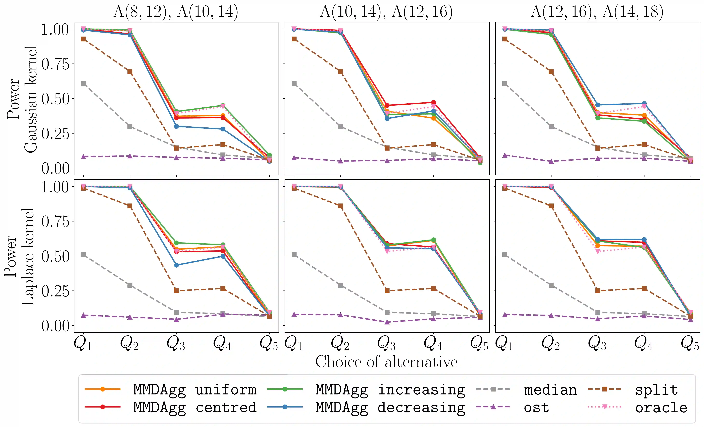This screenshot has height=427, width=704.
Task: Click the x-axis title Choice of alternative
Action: click(386, 362)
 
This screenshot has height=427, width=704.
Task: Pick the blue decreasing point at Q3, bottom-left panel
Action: click(176, 265)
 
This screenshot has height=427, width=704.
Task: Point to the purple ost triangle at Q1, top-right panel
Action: click(505, 155)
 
